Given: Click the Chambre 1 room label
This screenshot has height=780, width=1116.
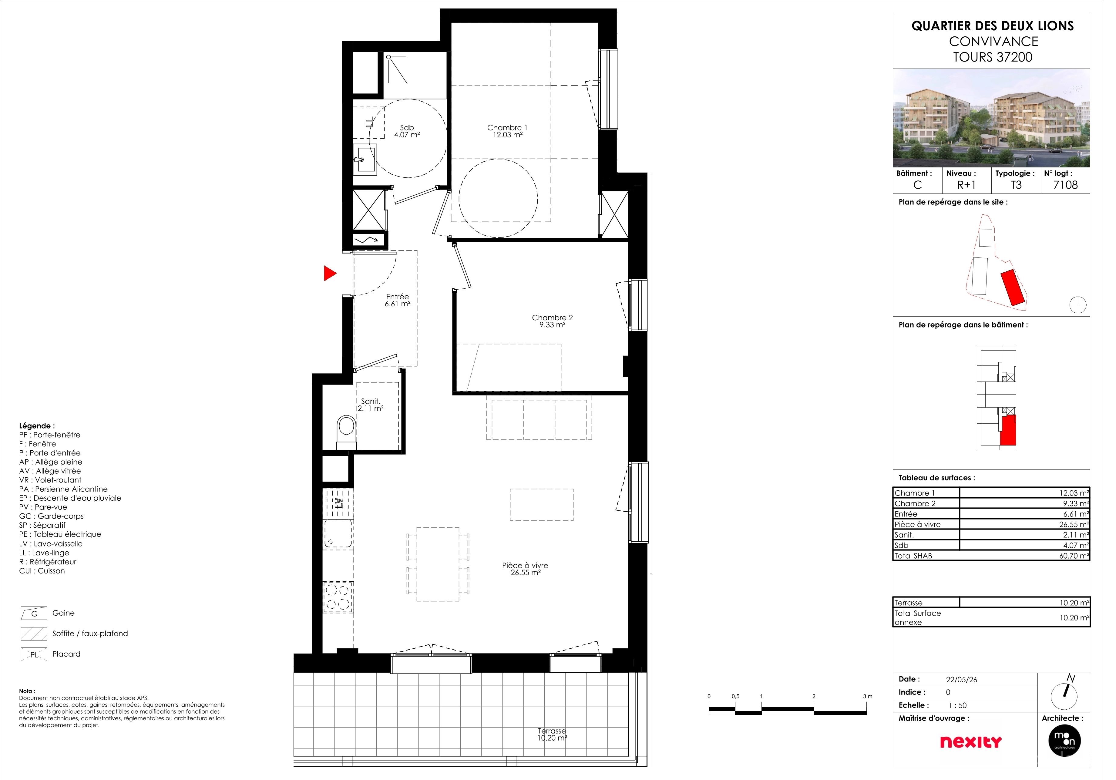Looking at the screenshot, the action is [513, 133].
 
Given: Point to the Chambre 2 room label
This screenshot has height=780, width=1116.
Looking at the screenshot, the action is [559, 324].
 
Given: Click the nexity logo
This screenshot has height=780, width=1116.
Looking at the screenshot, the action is [982, 751].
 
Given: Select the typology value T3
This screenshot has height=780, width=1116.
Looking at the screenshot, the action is [1027, 187].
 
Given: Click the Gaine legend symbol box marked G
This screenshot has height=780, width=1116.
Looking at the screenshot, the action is [35, 620].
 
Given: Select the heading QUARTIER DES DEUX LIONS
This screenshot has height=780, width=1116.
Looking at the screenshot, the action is [1004, 26].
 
